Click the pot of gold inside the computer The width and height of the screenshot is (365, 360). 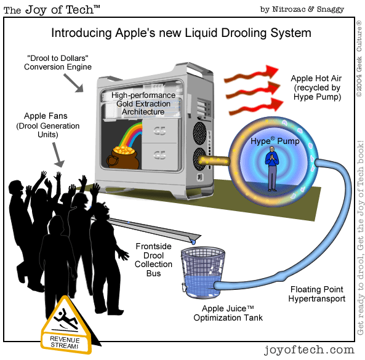click(x=123, y=156)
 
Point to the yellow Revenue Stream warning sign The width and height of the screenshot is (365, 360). click(x=66, y=326)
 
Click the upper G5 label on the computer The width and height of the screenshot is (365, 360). click(x=159, y=131)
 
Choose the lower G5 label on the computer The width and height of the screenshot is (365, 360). click(x=159, y=154)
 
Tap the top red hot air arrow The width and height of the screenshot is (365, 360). click(x=251, y=74)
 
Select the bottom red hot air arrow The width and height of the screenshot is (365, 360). click(x=256, y=106)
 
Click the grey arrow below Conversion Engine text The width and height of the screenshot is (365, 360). click(x=74, y=83)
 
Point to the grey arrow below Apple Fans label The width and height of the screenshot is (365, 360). click(x=58, y=154)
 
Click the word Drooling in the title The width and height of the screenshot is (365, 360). click(x=244, y=33)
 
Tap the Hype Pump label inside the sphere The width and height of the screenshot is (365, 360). click(x=275, y=141)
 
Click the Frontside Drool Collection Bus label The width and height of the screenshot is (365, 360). click(x=153, y=260)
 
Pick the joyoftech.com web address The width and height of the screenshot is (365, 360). click(x=309, y=350)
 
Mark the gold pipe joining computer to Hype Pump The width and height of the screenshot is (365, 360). click(x=214, y=161)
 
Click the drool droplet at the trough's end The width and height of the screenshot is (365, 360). click(x=193, y=242)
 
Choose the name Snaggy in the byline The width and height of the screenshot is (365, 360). click(x=331, y=9)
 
